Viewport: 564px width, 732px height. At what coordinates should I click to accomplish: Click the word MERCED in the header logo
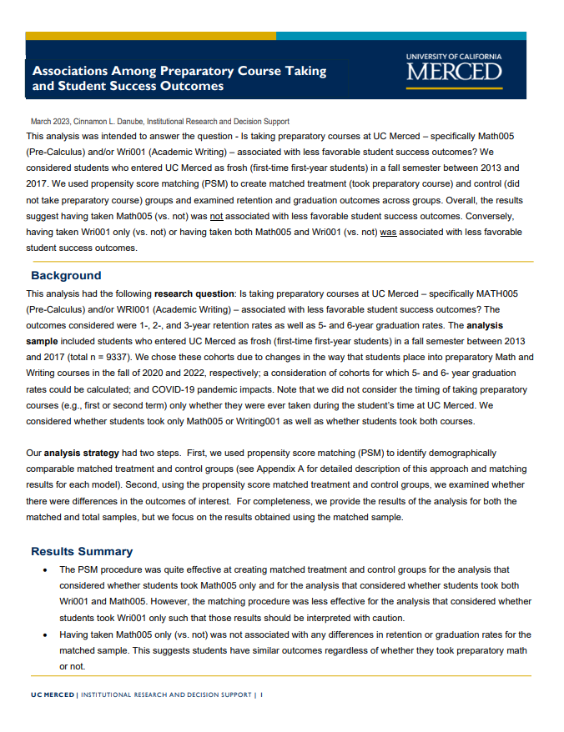(x=454, y=72)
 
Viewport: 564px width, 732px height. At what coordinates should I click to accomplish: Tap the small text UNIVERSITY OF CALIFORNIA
(x=454, y=57)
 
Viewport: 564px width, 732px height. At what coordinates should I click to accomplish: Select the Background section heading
(x=66, y=275)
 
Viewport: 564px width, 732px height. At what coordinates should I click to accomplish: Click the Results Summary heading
(x=82, y=551)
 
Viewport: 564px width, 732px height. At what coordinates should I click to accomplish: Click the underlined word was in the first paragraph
(x=388, y=231)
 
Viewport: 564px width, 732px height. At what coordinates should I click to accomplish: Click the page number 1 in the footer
(x=261, y=694)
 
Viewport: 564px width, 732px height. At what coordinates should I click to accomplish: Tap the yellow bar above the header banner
(x=150, y=36)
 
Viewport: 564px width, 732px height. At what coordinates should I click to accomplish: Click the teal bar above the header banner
(x=400, y=36)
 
